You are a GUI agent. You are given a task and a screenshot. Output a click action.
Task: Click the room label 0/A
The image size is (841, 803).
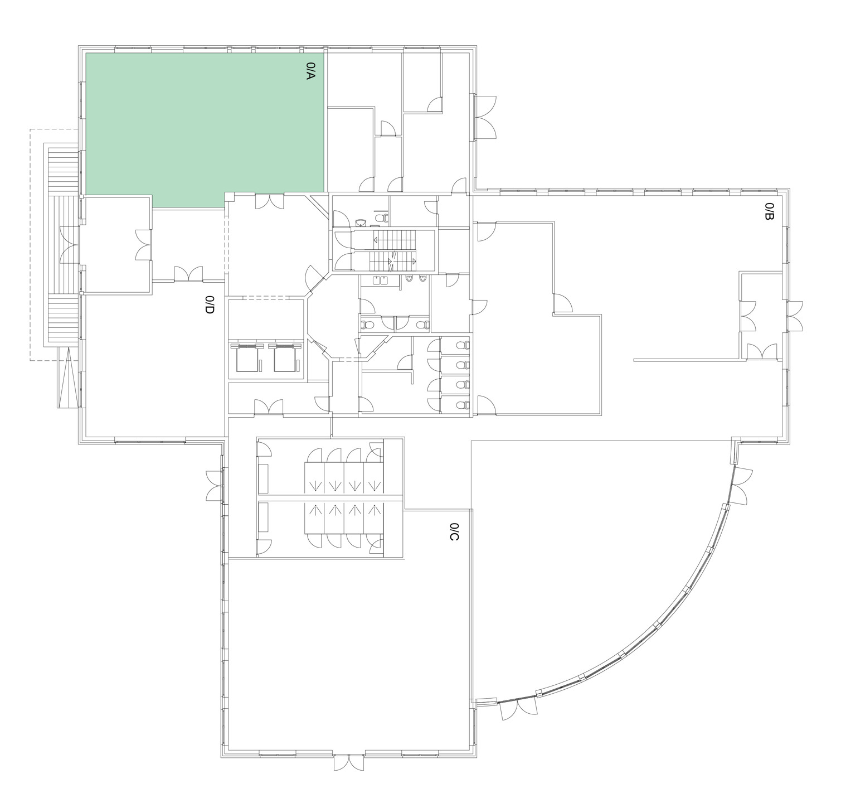pos(311,71)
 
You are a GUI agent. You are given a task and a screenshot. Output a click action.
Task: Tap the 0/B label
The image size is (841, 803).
pos(769,211)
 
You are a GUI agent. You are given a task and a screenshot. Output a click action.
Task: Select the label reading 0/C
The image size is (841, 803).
pos(454,532)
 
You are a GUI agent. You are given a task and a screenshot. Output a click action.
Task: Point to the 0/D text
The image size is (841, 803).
pos(210,305)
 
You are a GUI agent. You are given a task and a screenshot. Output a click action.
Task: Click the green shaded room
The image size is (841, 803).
pos(205,130)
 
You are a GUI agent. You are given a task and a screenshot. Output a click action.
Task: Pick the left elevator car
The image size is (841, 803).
pos(247,357)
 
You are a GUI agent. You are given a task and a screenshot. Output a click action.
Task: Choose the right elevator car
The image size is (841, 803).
pos(285,357)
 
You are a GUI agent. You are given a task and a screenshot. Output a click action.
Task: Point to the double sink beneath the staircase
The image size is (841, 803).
pos(383,280)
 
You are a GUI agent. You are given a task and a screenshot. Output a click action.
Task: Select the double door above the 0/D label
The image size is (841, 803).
pos(188,274)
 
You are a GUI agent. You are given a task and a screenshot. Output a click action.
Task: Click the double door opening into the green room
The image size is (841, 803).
pos(270,201)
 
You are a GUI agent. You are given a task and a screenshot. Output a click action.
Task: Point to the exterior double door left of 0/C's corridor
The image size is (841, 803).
pos(214,485)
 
